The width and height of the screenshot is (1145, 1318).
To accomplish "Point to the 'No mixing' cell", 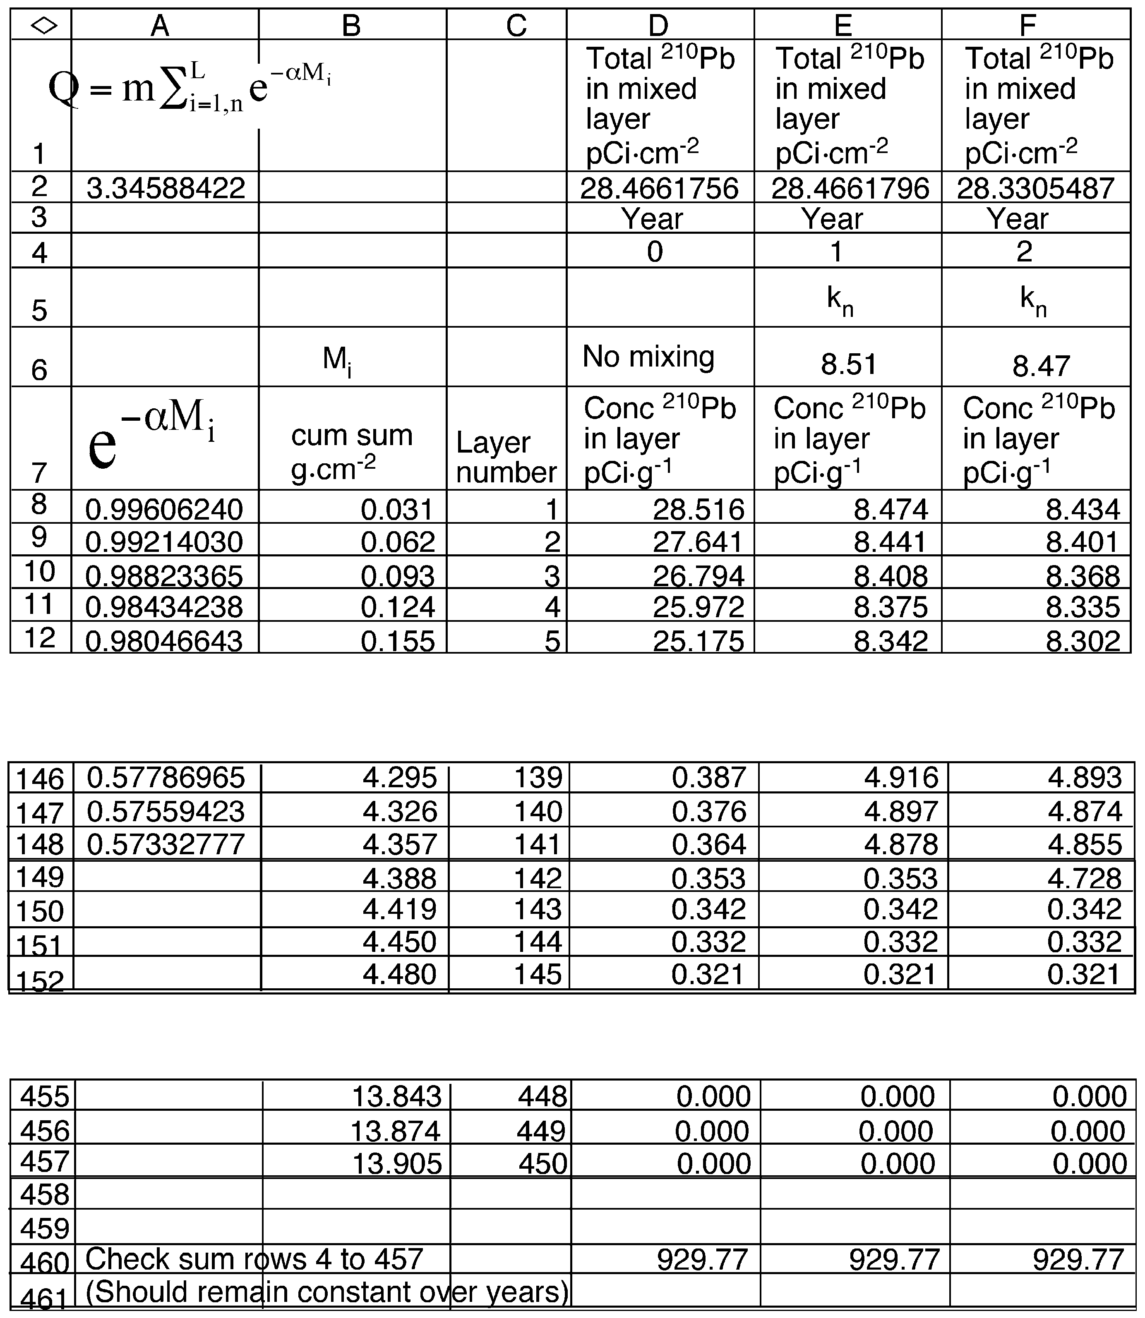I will point(648,357).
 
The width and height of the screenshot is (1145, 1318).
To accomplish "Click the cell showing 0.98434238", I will point(164,607).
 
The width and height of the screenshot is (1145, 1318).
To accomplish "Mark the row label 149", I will point(40,877).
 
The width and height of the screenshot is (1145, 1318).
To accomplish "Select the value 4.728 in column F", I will point(1084,878).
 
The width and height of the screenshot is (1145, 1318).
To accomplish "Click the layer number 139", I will point(538,777).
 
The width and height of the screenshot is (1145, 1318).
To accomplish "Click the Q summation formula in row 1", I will point(189,89).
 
